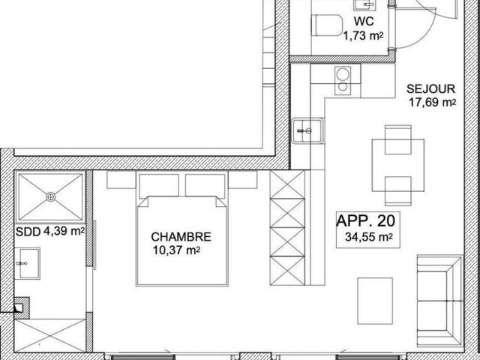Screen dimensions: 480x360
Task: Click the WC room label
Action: (x=364, y=22)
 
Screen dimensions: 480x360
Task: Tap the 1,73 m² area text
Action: (x=363, y=36)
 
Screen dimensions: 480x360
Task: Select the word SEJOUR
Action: (x=430, y=89)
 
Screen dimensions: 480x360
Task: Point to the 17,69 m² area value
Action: (x=433, y=103)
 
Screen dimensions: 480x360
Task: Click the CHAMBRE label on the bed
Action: (x=181, y=237)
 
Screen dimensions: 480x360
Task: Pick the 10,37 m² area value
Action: (x=177, y=250)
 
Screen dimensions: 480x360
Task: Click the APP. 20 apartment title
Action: (x=366, y=221)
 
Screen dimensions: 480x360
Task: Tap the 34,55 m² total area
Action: (x=369, y=237)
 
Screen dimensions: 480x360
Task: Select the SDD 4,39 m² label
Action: (x=50, y=232)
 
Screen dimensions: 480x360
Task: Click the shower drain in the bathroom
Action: (x=51, y=196)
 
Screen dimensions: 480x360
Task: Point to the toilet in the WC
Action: (x=327, y=25)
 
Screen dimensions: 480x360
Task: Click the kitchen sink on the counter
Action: (x=307, y=131)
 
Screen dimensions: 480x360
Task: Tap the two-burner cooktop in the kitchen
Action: (x=343, y=80)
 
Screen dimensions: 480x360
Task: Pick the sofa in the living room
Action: (x=440, y=301)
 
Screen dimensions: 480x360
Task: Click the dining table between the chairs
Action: (x=398, y=165)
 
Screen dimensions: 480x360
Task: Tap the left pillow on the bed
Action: (x=159, y=186)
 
